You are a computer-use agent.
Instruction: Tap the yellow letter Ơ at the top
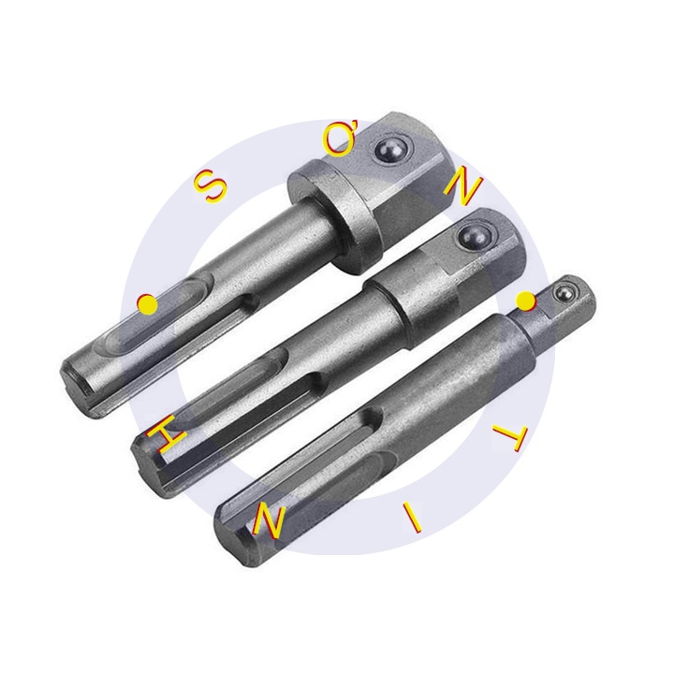click(337, 140)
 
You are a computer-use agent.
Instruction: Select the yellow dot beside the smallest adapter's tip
click(526, 300)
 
